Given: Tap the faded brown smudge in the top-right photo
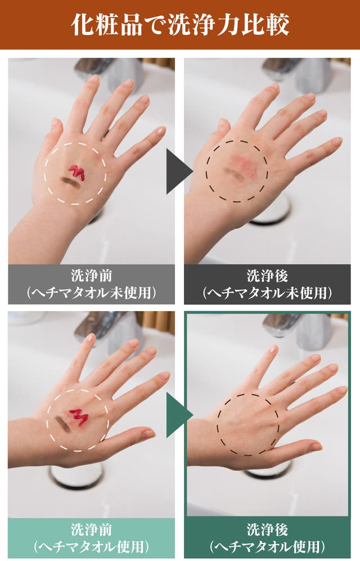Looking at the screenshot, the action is [232, 173].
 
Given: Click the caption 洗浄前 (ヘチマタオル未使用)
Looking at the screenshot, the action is [92, 284].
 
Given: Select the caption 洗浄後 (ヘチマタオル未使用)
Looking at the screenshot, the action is [267, 284].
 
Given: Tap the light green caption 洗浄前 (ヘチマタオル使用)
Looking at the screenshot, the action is [92, 538].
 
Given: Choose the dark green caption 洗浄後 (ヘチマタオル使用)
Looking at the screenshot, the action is [267, 538].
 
